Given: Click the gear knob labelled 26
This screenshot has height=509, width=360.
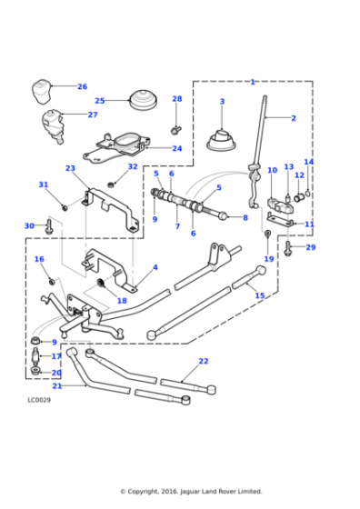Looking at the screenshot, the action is [41, 91].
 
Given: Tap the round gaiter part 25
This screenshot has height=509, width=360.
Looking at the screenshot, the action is [144, 100].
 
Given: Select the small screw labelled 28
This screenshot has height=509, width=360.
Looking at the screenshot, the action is [175, 130].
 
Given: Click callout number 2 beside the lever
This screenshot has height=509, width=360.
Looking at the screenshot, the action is [294, 118].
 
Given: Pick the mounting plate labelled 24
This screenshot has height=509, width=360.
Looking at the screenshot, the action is [117, 148].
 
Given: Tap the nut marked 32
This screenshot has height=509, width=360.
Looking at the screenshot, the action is [112, 185].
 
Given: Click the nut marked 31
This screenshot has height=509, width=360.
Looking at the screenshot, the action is [65, 207].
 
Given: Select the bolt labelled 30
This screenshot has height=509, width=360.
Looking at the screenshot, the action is [49, 226].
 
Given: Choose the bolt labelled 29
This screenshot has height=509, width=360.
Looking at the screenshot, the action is [287, 248].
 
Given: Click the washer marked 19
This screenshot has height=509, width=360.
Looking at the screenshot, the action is [268, 233].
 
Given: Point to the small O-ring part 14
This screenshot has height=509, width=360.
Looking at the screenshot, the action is [308, 194].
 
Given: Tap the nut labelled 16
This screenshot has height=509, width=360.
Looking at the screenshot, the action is [51, 282].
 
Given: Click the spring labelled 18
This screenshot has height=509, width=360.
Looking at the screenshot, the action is [101, 283].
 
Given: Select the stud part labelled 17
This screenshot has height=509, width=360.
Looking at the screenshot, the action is [35, 356].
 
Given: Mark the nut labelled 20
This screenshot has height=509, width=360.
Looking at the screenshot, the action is [35, 371].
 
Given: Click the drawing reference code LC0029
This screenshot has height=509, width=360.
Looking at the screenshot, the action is [39, 400].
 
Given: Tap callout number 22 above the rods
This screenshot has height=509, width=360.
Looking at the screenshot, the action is [204, 361].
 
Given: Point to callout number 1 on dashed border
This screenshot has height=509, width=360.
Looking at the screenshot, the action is [253, 82].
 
